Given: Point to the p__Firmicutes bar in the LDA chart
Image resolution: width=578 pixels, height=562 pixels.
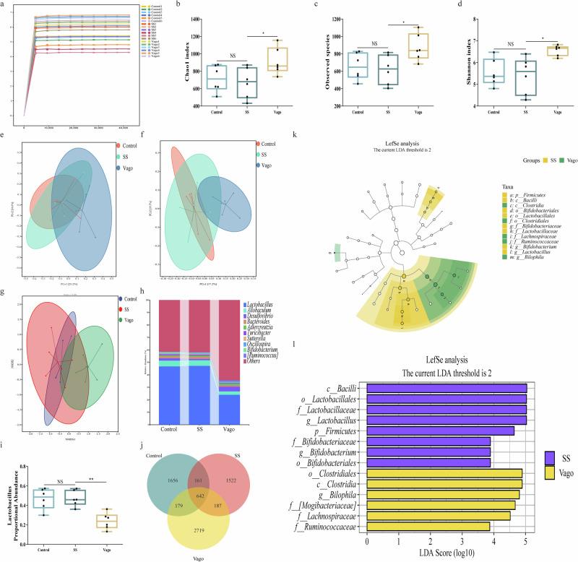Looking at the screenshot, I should click(x=441, y=429).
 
